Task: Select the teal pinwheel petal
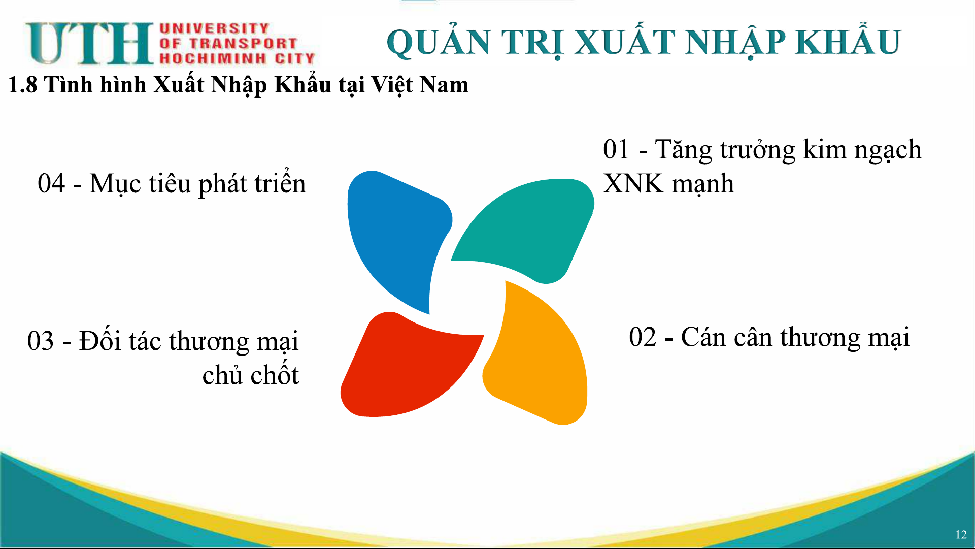tap(528, 229)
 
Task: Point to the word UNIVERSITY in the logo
tap(214, 28)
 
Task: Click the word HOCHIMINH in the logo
tap(213, 58)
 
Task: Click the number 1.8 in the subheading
tap(23, 85)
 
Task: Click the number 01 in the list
tap(616, 149)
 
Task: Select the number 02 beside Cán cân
tap(643, 337)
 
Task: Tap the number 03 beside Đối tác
tap(41, 341)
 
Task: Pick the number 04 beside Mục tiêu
tap(51, 183)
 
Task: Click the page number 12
tap(961, 535)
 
